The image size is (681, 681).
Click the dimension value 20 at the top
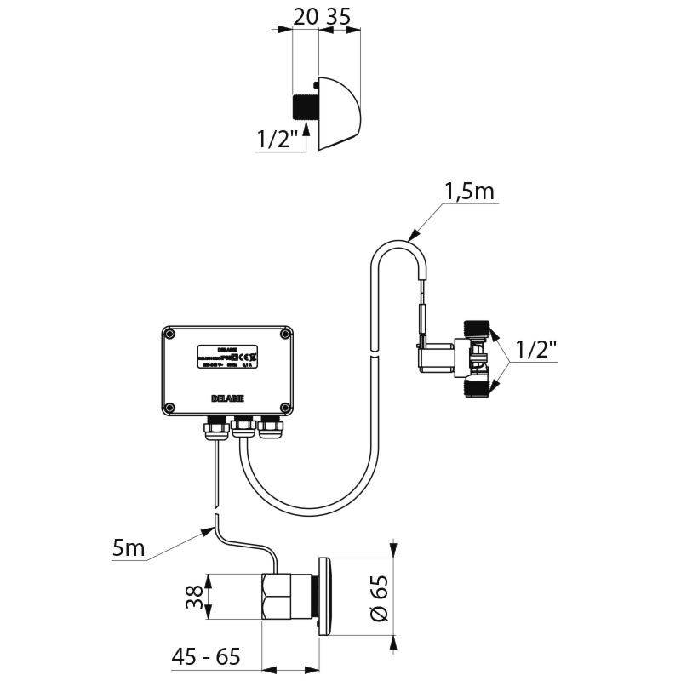(305, 17)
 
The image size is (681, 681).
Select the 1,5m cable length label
(468, 192)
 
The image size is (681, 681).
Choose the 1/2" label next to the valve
(536, 350)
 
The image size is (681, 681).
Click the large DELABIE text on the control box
(225, 398)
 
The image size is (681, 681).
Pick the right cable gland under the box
(271, 425)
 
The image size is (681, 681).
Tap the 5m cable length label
(129, 549)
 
